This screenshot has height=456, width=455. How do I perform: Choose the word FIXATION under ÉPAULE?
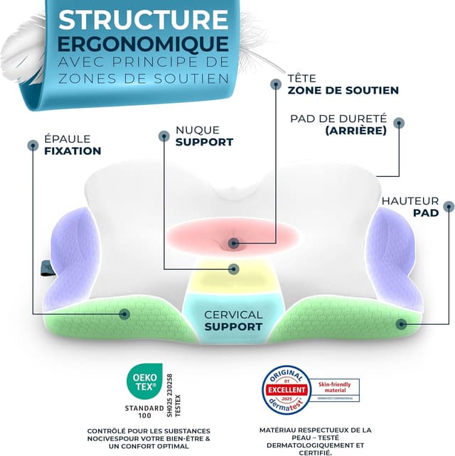click(x=73, y=151)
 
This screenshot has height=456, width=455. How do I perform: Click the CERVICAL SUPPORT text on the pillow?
click(x=233, y=320)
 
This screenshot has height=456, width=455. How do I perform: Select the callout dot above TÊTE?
click(x=276, y=84)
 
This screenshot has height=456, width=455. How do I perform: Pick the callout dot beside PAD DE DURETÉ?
click(x=400, y=123)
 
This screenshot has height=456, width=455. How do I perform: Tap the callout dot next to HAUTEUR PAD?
click(x=448, y=207)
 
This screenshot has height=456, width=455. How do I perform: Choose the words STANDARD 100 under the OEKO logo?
click(x=142, y=412)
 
